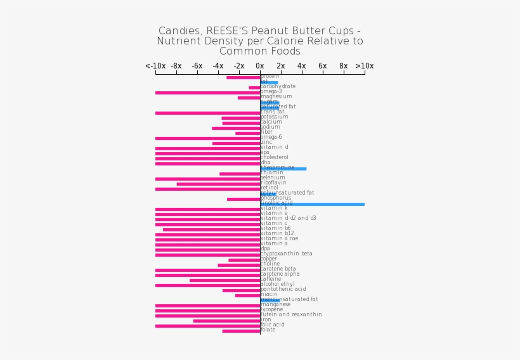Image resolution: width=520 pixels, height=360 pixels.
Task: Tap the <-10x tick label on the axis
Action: [x=155, y=66]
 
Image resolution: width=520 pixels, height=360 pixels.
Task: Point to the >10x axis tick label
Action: [x=364, y=66]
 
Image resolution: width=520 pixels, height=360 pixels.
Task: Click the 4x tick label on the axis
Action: [x=302, y=66]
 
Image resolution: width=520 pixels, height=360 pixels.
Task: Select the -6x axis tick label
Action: [x=197, y=66]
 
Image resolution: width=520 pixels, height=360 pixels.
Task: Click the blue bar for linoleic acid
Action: [x=312, y=204]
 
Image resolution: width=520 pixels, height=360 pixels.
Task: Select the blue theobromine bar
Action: [x=283, y=169]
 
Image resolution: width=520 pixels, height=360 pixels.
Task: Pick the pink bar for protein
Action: [x=243, y=77]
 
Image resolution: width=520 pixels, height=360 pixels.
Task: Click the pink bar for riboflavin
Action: [x=218, y=184]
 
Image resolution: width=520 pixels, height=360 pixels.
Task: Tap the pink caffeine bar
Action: [x=224, y=280]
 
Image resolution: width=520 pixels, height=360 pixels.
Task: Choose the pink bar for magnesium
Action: [x=249, y=98]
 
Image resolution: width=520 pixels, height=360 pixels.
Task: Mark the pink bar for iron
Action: [x=226, y=321]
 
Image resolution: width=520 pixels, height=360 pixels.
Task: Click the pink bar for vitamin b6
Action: [x=211, y=229]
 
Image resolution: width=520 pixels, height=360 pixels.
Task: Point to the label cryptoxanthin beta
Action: [x=287, y=254]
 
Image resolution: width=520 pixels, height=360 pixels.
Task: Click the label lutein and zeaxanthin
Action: [x=291, y=314]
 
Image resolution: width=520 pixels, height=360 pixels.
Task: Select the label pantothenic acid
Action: [x=283, y=289]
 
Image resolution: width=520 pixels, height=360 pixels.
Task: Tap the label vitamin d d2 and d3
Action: [x=288, y=218]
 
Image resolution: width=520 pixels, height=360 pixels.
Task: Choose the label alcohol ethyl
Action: [x=278, y=284]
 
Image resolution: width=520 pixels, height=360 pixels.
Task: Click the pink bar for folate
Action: [x=241, y=331]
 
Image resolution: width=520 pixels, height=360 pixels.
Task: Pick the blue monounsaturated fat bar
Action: [x=270, y=300]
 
